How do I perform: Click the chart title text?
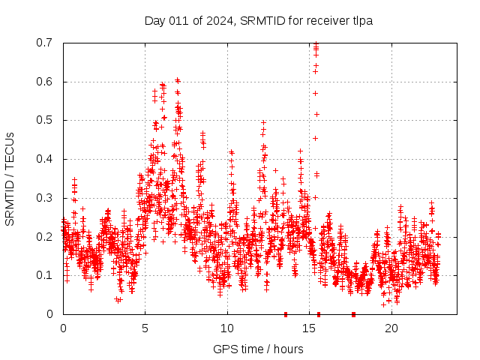[x=259, y=20]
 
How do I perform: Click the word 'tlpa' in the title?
[x=363, y=20]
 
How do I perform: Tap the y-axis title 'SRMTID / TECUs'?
[x=10, y=178]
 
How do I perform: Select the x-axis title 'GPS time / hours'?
[x=258, y=349]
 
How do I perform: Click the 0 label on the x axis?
[x=63, y=328]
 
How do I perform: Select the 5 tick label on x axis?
[x=145, y=328]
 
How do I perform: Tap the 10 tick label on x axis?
[x=226, y=328]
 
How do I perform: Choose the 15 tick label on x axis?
[x=309, y=328]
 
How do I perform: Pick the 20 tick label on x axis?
[x=391, y=328]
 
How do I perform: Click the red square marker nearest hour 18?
[x=353, y=314]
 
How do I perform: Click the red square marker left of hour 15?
[x=285, y=314]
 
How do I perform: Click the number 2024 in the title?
[x=217, y=20]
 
